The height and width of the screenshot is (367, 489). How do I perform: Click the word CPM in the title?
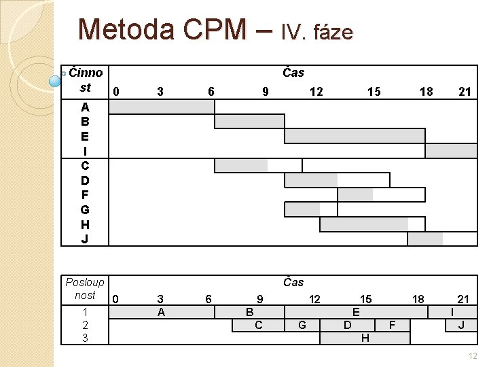(211, 29)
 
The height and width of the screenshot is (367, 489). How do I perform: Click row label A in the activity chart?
(85, 107)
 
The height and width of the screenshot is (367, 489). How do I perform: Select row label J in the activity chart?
(85, 239)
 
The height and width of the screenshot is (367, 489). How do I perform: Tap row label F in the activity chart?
(85, 195)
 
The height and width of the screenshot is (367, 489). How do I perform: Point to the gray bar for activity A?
(162, 107)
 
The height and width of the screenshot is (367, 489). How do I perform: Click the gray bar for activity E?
(355, 136)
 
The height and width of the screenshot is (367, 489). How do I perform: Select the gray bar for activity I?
(451, 151)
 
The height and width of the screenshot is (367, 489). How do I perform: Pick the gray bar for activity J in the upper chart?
(425, 239)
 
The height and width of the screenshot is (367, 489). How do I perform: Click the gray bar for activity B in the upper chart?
(249, 122)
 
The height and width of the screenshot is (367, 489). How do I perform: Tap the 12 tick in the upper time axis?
(316, 91)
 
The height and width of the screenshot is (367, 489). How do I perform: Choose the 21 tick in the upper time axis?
(465, 91)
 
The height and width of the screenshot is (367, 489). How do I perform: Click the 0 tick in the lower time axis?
(116, 299)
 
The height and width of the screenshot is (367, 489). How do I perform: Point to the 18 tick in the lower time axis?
(418, 299)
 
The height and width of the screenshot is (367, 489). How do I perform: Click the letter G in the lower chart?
(302, 325)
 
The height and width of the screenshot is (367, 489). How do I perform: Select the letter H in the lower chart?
(365, 338)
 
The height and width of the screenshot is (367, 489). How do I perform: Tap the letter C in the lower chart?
(258, 325)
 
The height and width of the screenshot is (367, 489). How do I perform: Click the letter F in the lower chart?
(393, 325)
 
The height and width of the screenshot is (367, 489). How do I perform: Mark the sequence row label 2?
(85, 325)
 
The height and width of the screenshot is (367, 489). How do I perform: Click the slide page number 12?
(473, 356)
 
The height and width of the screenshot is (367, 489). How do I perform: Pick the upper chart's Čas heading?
(293, 72)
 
